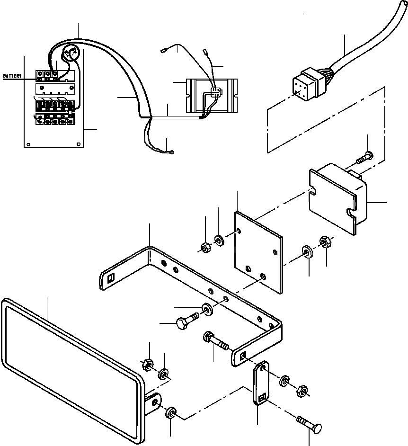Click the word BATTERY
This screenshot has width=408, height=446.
pyautogui.click(x=13, y=76)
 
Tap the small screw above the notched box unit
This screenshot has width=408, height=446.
pyautogui.click(x=364, y=157)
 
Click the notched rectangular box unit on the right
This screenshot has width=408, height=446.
pyautogui.click(x=338, y=199)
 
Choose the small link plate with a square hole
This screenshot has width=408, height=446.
pyautogui.click(x=261, y=384)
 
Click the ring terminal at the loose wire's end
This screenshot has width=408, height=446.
pyautogui.click(x=173, y=152)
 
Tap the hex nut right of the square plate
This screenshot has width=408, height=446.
pyautogui.click(x=325, y=242)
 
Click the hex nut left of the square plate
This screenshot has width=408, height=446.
pyautogui.click(x=205, y=247)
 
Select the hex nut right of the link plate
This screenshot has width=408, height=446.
pyautogui.click(x=300, y=392)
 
